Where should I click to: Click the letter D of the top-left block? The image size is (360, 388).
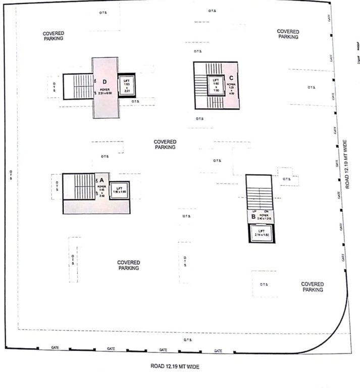(105, 81)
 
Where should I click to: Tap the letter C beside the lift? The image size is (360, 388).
(231, 78)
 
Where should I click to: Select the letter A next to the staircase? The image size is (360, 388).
(101, 179)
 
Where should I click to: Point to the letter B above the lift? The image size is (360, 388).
(253, 217)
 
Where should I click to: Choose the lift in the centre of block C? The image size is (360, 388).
(216, 85)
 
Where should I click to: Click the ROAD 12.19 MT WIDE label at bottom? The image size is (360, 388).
(175, 366)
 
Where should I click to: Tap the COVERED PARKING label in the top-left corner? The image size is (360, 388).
(54, 36)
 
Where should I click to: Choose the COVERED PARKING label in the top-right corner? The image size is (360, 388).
(288, 34)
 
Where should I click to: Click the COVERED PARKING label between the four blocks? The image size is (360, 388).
(165, 144)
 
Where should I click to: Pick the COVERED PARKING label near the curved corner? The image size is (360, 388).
(313, 287)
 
